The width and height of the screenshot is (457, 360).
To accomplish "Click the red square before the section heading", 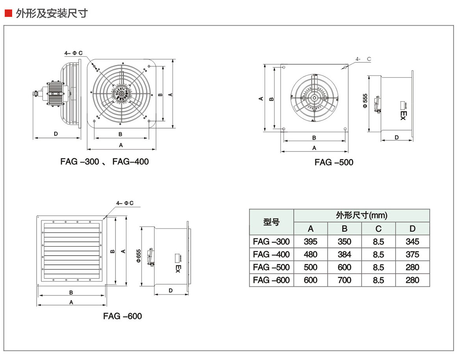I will tap(8, 13).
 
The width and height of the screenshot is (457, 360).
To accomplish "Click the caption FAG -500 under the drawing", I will tap(334, 162).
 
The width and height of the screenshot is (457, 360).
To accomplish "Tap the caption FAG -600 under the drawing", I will tap(123, 316).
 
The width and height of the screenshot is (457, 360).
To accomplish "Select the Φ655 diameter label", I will tap(138, 256).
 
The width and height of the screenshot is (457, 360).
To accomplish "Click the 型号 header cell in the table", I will tap(271, 222).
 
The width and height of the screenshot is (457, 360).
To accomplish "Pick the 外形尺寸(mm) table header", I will tap(361, 215).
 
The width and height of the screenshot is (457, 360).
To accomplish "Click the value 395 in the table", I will tap(310, 242).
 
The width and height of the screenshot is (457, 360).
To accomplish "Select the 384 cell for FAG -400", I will tap(344, 254).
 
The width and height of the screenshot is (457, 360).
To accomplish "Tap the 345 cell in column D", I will tap(412, 242).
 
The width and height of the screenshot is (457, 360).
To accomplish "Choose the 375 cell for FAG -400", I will tap(412, 254).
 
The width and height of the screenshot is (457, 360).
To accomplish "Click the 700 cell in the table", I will tap(344, 280).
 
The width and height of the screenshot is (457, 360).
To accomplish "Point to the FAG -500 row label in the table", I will tap(271, 267).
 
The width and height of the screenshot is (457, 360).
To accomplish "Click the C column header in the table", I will tap(378, 229).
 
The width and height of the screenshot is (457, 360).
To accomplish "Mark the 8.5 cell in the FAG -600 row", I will tap(378, 280).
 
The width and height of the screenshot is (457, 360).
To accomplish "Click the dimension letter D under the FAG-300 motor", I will tap(56, 134).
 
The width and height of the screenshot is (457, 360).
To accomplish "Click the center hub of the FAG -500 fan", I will tap(314, 97).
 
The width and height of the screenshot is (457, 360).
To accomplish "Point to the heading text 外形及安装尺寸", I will tap(52, 13).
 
